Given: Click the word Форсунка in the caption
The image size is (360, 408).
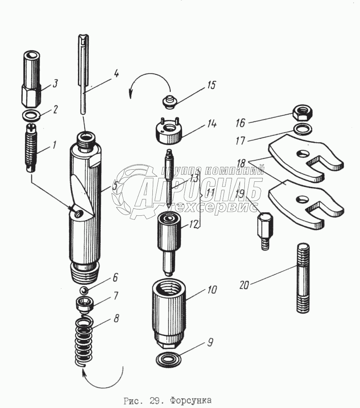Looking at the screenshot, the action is tap(190, 400).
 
